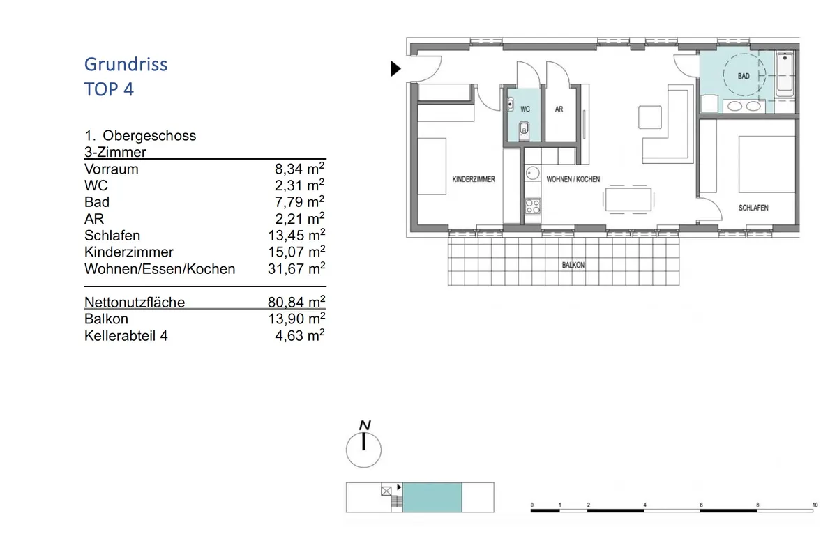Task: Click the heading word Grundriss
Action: click(x=126, y=65)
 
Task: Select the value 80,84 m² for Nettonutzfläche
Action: click(x=296, y=302)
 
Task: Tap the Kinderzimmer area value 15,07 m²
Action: click(x=296, y=252)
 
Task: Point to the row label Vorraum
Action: click(x=112, y=169)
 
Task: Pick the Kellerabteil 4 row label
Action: click(x=126, y=336)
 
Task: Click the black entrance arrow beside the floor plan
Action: click(x=395, y=69)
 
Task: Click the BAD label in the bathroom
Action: click(x=744, y=76)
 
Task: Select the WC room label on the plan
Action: click(x=525, y=109)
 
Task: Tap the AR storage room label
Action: click(x=559, y=109)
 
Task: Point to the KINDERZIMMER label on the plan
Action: click(x=474, y=179)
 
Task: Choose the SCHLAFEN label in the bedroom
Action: click(x=753, y=208)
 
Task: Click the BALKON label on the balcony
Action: click(x=573, y=265)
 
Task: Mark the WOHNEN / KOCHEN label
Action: click(x=573, y=179)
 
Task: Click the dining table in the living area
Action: click(x=628, y=200)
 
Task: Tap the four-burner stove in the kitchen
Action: click(x=532, y=206)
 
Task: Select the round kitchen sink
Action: click(x=532, y=173)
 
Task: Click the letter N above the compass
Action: click(x=365, y=425)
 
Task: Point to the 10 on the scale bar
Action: click(x=815, y=505)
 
